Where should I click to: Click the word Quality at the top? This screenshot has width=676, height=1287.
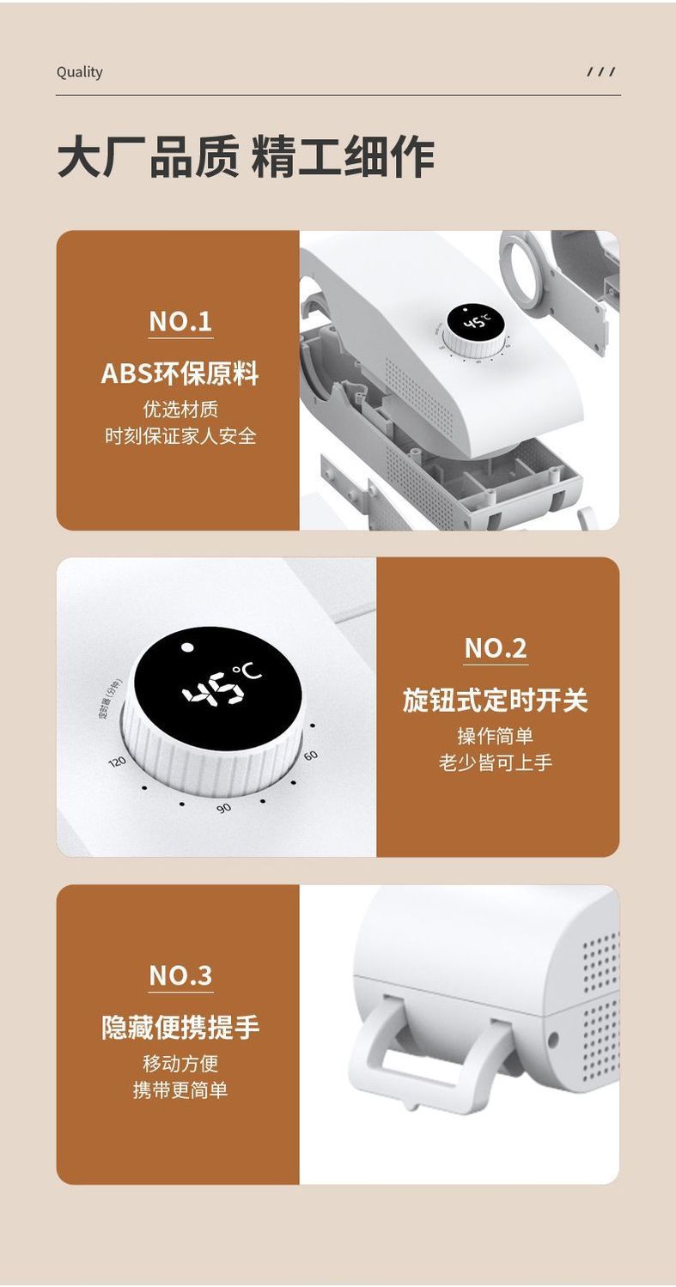point(79,72)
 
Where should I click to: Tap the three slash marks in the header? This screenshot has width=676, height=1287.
point(601,72)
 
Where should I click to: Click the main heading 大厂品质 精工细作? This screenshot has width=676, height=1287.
point(246,156)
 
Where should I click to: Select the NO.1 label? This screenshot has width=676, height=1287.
point(180,321)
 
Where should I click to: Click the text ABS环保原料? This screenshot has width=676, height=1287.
point(180,373)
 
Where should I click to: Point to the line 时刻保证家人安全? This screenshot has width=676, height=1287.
point(180,436)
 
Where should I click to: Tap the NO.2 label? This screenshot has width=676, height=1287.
point(496,648)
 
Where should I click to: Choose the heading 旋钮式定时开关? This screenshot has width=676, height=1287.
point(495,701)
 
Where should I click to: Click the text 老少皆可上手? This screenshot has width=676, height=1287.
point(496,762)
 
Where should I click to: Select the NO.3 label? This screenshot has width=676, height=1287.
point(180,975)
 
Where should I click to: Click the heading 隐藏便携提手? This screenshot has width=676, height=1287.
point(180,1028)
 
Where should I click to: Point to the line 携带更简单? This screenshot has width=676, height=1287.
point(180,1090)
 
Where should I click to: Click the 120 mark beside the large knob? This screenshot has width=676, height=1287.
point(118,762)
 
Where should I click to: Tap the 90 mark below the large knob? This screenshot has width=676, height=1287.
point(223,808)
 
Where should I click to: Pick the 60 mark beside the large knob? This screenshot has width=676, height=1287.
point(310,755)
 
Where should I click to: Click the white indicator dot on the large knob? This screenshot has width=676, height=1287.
point(186,647)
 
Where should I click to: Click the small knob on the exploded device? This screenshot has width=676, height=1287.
point(477,330)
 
